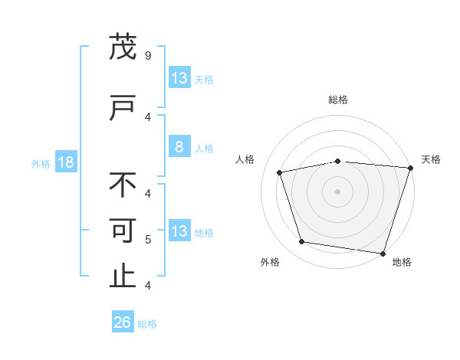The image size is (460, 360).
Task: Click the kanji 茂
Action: [x=123, y=46]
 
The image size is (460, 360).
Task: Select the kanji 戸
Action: [x=123, y=107]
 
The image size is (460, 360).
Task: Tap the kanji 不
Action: [x=123, y=185]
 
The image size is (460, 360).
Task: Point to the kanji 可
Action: [x=123, y=231]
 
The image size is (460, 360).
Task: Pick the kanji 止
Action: [x=123, y=275]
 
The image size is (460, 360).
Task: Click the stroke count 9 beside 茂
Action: [x=148, y=56]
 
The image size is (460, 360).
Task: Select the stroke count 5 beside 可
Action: [x=148, y=240]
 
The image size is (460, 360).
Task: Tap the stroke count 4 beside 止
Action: [x=148, y=285]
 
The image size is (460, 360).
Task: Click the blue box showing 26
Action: [x=123, y=321]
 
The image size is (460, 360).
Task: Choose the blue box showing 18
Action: [x=66, y=162]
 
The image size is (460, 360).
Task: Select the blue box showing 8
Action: [x=180, y=146]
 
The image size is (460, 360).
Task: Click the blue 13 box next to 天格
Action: [x=180, y=77]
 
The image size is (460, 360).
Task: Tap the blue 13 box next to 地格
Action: [x=180, y=230]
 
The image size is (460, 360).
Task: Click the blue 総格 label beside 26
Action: [x=147, y=324]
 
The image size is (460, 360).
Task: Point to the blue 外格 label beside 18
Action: [x=41, y=164]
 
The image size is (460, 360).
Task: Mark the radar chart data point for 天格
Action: [x=411, y=168]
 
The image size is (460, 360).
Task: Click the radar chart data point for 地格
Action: [x=383, y=254]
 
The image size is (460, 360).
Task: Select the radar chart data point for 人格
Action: [x=279, y=172]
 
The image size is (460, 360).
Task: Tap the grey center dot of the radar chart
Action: [x=337, y=191]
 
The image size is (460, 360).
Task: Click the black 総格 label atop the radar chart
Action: [x=338, y=100]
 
